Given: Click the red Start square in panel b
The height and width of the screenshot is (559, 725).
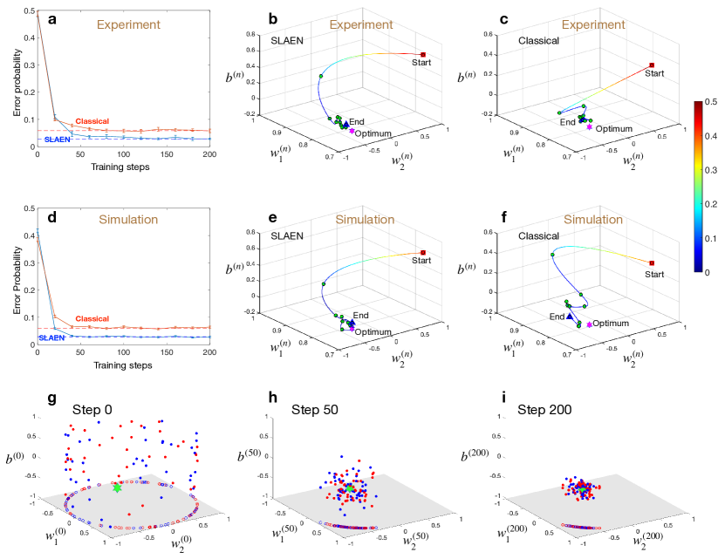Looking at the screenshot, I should (423, 54).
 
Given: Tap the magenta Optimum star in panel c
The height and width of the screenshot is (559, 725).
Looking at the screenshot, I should (590, 127).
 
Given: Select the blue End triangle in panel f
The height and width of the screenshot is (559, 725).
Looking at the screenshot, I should (570, 317).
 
